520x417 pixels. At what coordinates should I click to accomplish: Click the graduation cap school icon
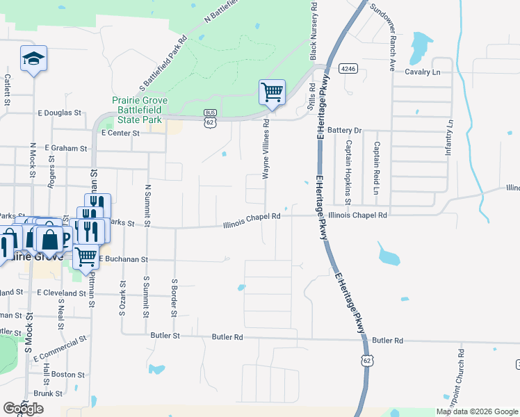click(33, 60)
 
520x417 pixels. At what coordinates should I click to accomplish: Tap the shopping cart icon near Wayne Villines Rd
click(272, 92)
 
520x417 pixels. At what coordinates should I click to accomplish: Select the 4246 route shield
click(348, 69)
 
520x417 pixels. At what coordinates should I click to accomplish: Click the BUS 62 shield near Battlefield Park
click(210, 117)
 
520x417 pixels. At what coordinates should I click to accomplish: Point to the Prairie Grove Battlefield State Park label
click(137, 109)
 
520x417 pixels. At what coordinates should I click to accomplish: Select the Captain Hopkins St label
click(348, 168)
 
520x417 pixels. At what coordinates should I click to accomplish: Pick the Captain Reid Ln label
click(376, 168)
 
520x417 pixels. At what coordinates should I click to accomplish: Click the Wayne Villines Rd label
click(266, 149)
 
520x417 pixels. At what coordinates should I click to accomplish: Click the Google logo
click(24, 409)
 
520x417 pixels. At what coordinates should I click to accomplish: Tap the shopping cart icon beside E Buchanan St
click(86, 256)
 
